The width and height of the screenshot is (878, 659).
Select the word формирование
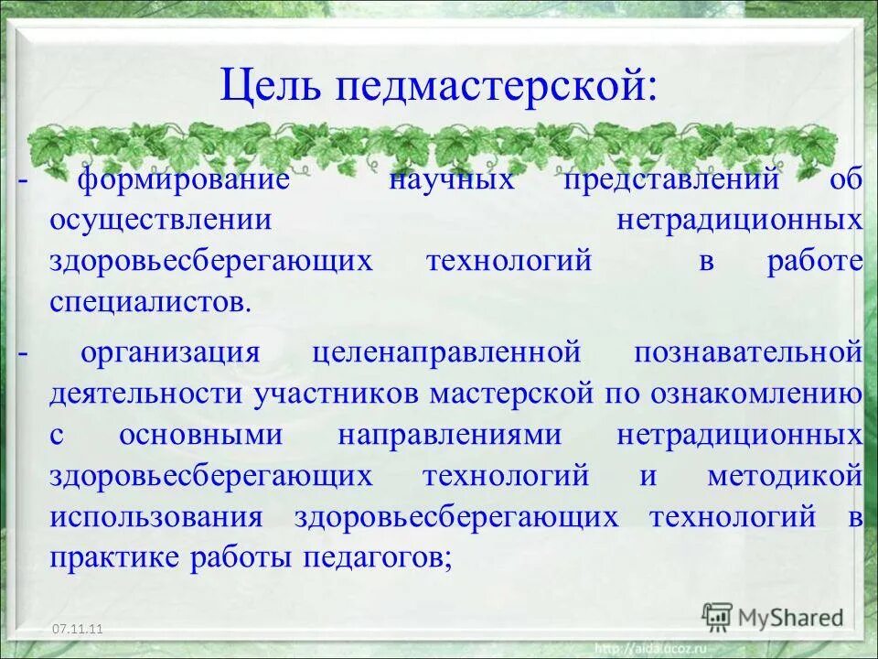[183, 178]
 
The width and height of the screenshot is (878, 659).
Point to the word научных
[452, 178]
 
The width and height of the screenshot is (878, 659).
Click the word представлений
[671, 178]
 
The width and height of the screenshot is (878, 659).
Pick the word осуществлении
[161, 220]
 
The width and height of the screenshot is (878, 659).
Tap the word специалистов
[150, 302]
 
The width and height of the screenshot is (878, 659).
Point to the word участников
[336, 394]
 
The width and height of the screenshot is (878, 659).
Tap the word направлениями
[449, 435]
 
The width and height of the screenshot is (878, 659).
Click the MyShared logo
[774, 617]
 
